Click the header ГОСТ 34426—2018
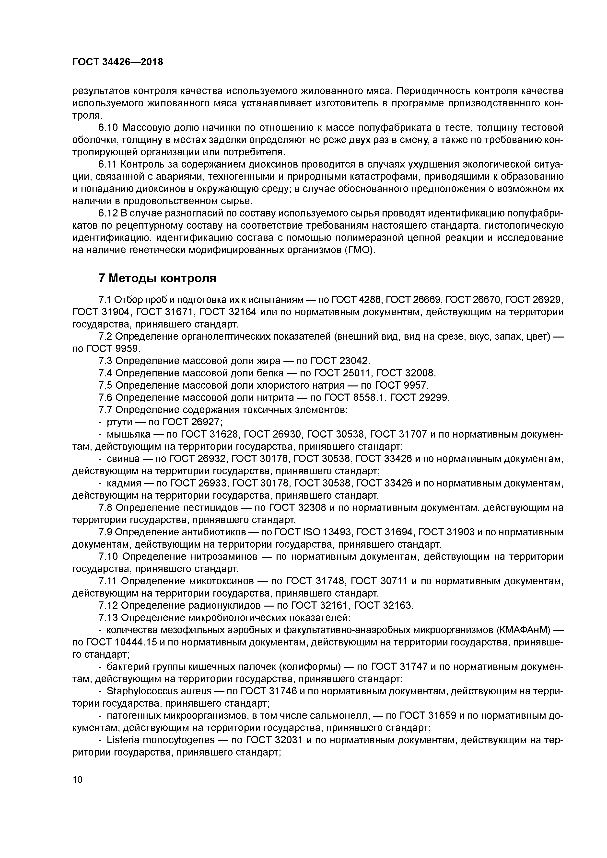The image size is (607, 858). tap(117, 62)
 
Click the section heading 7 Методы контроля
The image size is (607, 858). tap(157, 278)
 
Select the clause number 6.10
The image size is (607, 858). tap(108, 128)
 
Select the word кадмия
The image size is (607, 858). tap(123, 483)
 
